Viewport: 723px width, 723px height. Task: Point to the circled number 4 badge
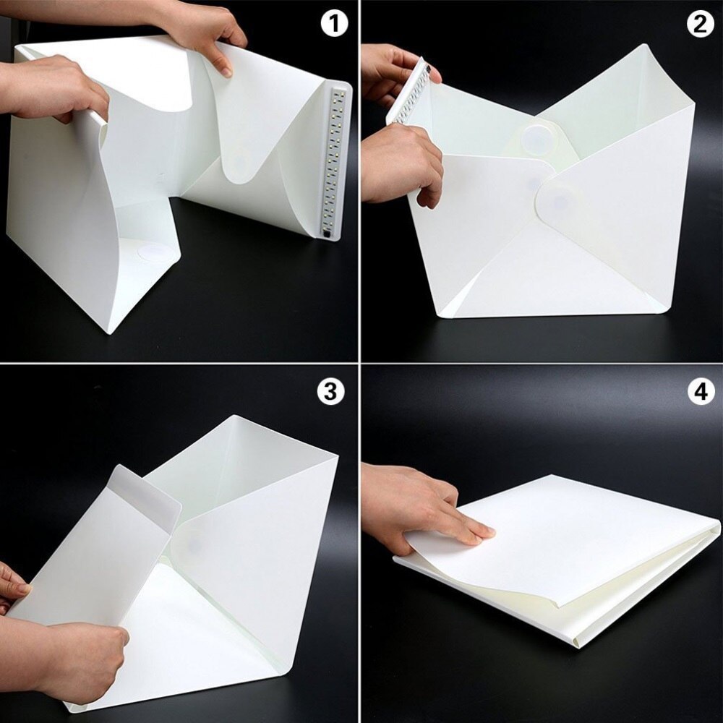tap(699, 391)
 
